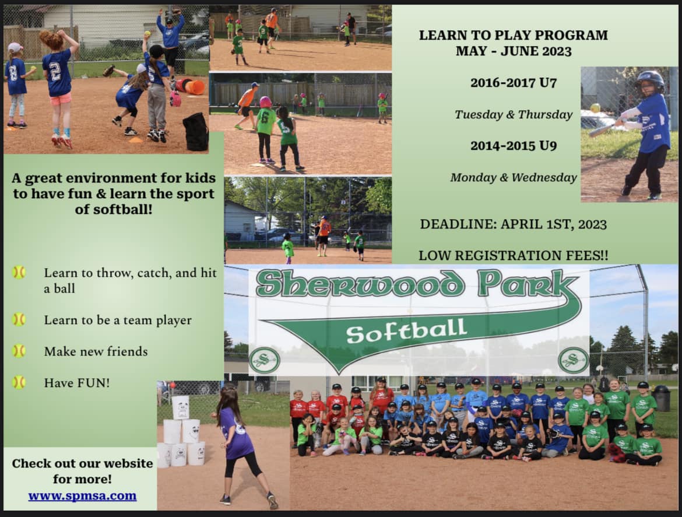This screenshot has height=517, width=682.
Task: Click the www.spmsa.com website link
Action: tap(82, 495)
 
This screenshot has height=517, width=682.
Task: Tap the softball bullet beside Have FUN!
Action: tap(19, 382)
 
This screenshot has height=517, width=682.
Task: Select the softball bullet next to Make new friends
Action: tap(19, 351)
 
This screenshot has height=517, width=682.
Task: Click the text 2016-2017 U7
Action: tap(513, 83)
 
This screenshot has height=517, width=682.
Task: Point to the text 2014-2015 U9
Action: tap(513, 146)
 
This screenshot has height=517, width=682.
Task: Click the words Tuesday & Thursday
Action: tap(513, 114)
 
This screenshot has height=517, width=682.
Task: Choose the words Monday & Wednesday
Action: tap(513, 177)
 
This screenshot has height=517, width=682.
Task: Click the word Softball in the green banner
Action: tap(406, 331)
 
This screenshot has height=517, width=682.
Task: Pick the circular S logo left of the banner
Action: tap(265, 360)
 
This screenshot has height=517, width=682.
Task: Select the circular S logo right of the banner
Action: tap(573, 360)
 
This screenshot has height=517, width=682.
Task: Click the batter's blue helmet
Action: tap(650, 80)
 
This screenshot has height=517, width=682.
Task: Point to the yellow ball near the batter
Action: tap(595, 108)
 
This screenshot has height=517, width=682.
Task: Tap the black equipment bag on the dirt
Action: tap(196, 132)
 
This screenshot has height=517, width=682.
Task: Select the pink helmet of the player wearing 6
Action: tap(265, 102)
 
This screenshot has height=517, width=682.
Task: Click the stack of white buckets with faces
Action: tap(181, 432)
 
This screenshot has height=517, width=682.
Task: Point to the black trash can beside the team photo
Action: tap(662, 398)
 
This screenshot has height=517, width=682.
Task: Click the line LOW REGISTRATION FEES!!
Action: tap(513, 256)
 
